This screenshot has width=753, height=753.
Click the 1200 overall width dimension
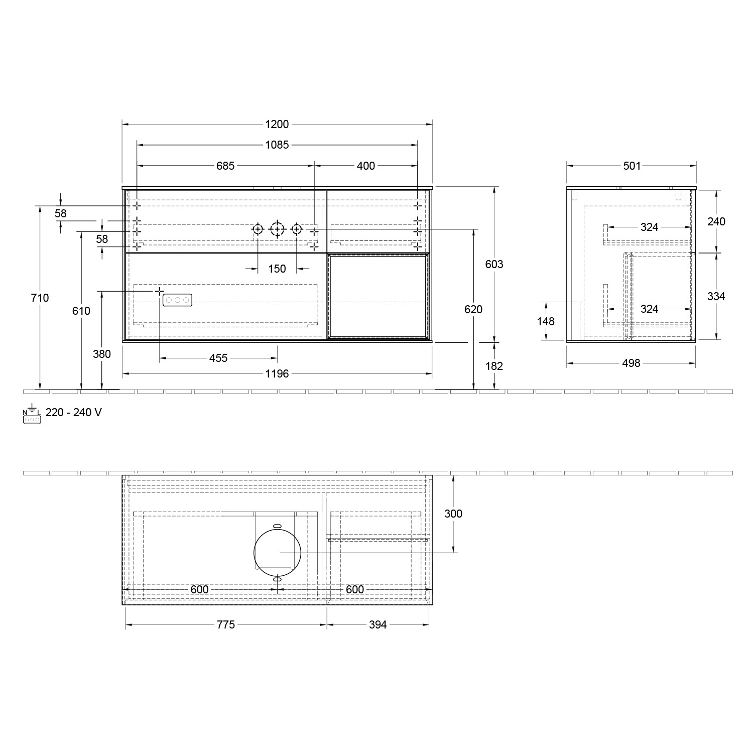[x=277, y=124]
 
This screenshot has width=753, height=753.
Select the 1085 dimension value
[x=277, y=145]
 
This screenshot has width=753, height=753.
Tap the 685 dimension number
[x=225, y=166]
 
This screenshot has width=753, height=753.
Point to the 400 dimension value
[x=365, y=166]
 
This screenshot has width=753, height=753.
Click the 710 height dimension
[x=40, y=298]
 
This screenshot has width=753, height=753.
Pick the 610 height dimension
[x=81, y=311]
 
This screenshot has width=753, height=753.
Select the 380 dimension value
[x=102, y=354]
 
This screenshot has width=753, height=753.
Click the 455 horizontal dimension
[x=218, y=358]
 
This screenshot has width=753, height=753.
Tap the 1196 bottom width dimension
[x=277, y=373]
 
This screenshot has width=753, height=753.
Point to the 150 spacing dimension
[x=277, y=269]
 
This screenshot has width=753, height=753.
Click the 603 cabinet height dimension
[x=494, y=264]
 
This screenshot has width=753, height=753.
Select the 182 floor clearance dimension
[x=494, y=366]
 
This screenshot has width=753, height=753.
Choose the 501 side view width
[x=632, y=166]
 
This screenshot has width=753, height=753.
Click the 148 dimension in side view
[x=546, y=321]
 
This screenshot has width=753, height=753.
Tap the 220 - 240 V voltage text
[x=73, y=413]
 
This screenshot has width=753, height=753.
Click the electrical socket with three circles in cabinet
[x=177, y=300]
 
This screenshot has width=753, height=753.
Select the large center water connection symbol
[x=277, y=229]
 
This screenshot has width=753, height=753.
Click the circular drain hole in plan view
[x=277, y=552]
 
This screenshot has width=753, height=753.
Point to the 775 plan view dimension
[x=226, y=624]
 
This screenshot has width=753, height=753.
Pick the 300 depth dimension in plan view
[x=453, y=514]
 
